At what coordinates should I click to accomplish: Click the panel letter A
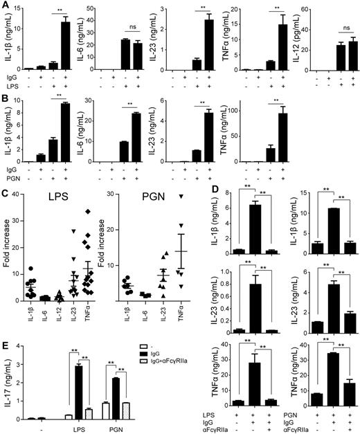point(5,6)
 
